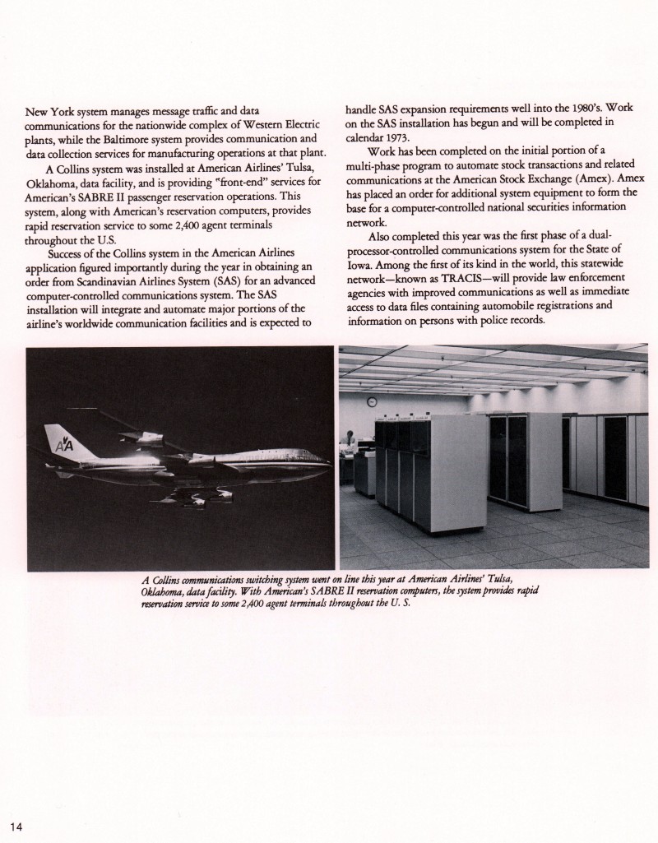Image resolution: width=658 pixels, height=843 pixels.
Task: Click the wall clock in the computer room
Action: point(372,402)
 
